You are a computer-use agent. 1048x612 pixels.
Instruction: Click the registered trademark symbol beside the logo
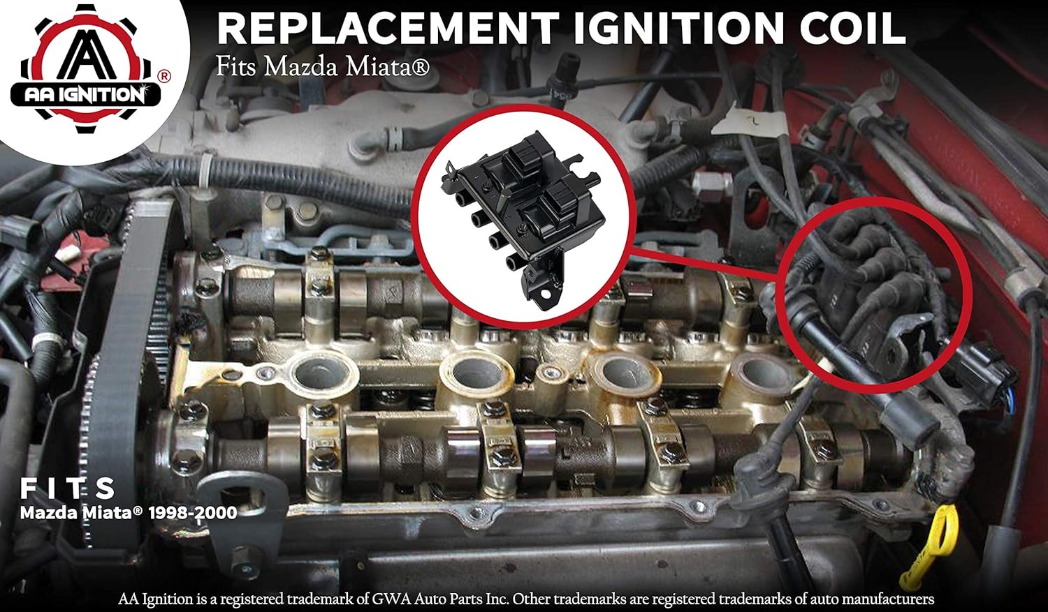[x=163, y=75]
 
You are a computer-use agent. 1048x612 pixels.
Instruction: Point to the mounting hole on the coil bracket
[x=545, y=301]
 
